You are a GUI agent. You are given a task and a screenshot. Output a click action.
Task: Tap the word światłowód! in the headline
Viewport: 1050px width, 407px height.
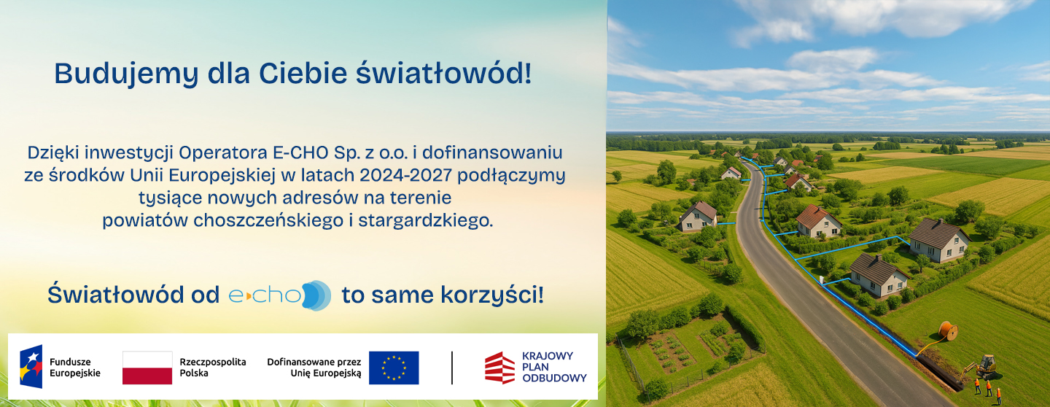tap(444, 73)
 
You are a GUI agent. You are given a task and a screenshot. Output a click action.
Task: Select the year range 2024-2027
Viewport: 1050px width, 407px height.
tap(406, 175)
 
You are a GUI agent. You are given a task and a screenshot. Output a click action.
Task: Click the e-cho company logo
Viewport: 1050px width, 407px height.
tap(280, 295)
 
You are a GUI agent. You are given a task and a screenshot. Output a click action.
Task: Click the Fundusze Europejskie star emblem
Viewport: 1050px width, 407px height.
tap(31, 367)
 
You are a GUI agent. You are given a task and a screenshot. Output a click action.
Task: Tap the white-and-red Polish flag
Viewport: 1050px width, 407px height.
tap(147, 368)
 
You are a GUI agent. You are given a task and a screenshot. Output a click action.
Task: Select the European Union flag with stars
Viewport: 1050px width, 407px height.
tap(394, 368)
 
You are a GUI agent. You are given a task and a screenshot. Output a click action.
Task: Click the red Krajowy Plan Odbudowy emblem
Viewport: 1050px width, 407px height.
tap(499, 368)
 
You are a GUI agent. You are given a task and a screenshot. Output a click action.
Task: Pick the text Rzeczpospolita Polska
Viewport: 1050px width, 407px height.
tap(213, 368)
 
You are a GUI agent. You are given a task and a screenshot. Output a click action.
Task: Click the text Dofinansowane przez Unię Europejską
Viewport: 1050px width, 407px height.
tap(314, 368)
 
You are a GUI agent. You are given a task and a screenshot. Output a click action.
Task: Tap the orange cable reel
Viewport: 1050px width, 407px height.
tap(948, 331)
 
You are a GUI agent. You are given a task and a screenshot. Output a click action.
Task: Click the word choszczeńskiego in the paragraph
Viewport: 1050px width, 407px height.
tap(268, 220)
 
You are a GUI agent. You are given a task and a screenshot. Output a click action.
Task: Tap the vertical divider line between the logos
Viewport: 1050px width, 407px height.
tap(452, 368)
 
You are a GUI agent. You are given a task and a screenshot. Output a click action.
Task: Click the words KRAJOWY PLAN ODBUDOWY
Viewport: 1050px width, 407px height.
tap(554, 367)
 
